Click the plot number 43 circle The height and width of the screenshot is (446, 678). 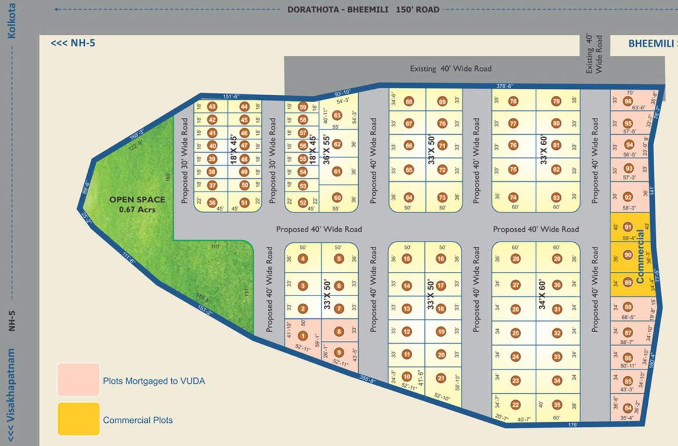[212, 107]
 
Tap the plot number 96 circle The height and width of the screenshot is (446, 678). [627, 102]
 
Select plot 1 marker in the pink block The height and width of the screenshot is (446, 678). [302, 336]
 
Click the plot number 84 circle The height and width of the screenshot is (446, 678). [627, 408]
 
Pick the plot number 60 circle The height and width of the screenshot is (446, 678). [337, 198]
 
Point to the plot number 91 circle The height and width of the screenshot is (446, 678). [627, 227]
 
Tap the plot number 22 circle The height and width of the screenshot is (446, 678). [515, 405]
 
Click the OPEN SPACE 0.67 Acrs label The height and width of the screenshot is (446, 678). [137, 204]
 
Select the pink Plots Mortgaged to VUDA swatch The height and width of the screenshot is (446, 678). [78, 380]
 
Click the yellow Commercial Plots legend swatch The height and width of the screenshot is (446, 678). [78, 419]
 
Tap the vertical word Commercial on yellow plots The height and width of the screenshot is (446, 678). [641, 257]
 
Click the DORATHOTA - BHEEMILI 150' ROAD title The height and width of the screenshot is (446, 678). [363, 9]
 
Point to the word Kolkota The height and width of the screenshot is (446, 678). [11, 20]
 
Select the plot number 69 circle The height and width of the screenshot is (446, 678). [442, 102]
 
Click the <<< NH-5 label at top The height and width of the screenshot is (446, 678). [73, 43]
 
